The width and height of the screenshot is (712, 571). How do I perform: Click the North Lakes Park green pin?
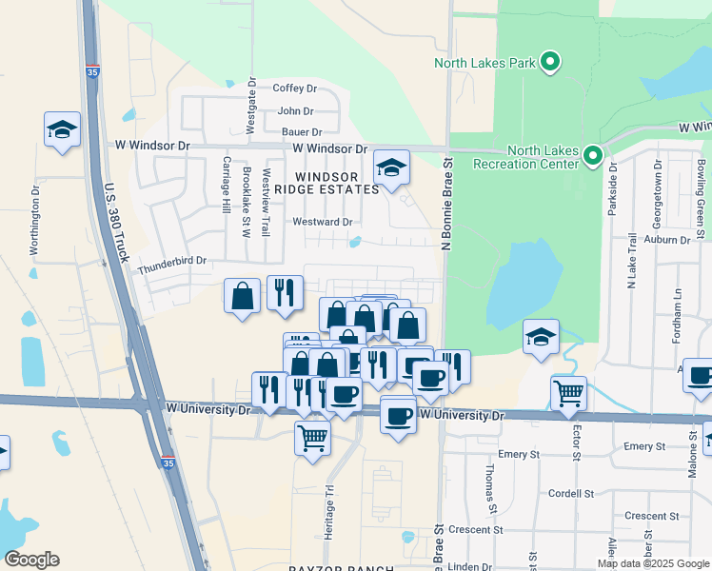click(x=550, y=63)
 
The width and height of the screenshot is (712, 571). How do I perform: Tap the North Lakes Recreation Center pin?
click(x=592, y=154)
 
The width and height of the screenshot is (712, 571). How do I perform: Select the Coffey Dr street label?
click(x=294, y=89)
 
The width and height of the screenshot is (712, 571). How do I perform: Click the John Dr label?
click(x=295, y=111)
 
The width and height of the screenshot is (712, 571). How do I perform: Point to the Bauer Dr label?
click(x=302, y=132)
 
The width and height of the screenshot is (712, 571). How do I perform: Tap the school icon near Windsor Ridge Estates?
click(x=390, y=169)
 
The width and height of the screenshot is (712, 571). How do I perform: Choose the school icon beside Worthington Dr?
click(x=62, y=130)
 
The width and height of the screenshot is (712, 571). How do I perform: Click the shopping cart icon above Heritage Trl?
click(x=312, y=438)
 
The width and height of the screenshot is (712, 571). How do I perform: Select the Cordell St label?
click(x=571, y=494)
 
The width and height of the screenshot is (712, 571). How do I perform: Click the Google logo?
click(x=32, y=560)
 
